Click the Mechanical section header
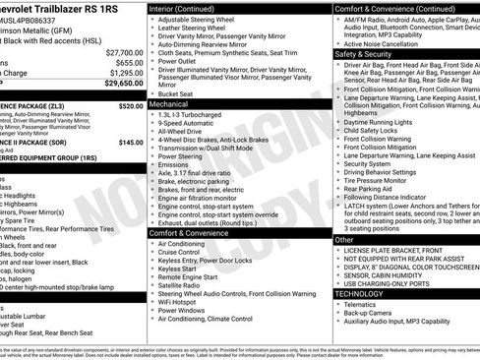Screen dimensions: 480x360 [x=169, y=102]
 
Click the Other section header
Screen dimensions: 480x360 [x=344, y=239]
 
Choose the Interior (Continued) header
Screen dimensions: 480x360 [x=189, y=8]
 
